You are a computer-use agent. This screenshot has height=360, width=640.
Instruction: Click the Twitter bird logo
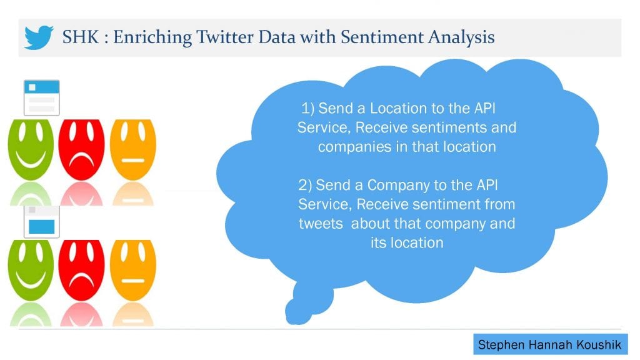tap(38, 37)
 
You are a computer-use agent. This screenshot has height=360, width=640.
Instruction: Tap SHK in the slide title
tap(81, 37)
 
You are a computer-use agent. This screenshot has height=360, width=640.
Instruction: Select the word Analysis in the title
tap(461, 37)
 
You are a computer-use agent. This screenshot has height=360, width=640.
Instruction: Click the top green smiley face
tap(31, 149)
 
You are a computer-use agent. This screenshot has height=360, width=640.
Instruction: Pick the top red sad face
tap(82, 149)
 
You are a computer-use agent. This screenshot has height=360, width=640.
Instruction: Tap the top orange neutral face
tap(133, 149)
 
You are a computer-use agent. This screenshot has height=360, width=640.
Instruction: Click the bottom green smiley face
tap(31, 270)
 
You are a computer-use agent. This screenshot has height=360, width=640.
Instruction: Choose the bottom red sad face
tap(82, 270)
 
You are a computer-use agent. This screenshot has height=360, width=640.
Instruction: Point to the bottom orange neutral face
tap(133, 270)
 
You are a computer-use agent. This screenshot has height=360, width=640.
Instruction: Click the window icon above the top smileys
tap(42, 98)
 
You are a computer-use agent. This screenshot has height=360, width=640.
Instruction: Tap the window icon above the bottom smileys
tap(42, 222)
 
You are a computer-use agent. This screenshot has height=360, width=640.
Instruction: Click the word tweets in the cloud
tap(321, 224)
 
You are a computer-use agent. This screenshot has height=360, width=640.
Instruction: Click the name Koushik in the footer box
tap(599, 345)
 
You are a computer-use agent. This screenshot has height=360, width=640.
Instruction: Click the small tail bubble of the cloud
tap(299, 312)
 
